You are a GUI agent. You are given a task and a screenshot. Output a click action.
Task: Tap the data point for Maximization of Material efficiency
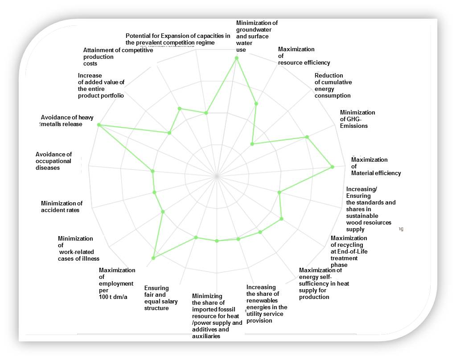pyautogui.click(x=332, y=167)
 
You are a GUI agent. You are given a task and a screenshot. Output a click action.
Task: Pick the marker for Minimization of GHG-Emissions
pyautogui.click(x=307, y=137)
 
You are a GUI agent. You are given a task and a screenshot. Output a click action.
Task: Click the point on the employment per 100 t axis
pyautogui.click(x=153, y=258)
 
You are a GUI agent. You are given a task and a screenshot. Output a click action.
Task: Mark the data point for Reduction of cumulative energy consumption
pyautogui.click(x=252, y=144)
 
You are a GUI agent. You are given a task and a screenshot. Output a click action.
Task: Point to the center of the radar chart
pyautogui.click(x=217, y=176)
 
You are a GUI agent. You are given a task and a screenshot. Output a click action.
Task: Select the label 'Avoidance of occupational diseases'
pyautogui.click(x=53, y=161)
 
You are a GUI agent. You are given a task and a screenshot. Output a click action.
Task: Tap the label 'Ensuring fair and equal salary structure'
pyautogui.click(x=160, y=298)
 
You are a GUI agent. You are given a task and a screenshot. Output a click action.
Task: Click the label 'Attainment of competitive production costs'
pyautogui.click(x=118, y=57)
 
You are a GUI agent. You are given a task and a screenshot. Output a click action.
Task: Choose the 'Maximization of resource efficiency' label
pyautogui.click(x=304, y=56)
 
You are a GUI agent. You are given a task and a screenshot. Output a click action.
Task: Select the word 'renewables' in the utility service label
pyautogui.click(x=263, y=300)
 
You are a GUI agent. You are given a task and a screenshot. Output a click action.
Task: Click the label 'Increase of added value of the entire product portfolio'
pyautogui.click(x=101, y=86)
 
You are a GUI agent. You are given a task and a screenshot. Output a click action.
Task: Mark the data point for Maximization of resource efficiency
pyautogui.click(x=256, y=104)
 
